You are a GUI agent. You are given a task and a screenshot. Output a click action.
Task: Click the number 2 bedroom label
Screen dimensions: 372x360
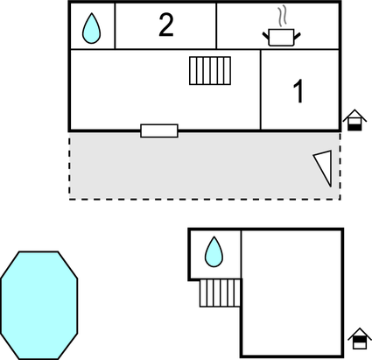click(x=166, y=25)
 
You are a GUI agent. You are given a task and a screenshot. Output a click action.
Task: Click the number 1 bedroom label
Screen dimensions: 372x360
click(x=298, y=91)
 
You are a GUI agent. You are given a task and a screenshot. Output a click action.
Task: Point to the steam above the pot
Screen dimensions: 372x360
click(x=282, y=17)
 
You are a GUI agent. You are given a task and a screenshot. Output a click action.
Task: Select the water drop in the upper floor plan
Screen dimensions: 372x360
click(x=92, y=28)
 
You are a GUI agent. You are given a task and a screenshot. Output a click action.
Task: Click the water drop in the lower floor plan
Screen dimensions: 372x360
click(x=214, y=252)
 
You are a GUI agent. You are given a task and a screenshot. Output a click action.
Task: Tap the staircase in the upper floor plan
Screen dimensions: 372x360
click(x=210, y=71)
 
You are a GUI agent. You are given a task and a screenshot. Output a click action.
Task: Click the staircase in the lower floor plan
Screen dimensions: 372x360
click(x=221, y=293)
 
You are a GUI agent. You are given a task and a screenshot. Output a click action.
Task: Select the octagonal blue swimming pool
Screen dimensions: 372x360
click(x=39, y=305)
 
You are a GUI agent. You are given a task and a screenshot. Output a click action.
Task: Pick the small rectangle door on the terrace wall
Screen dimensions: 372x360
click(x=159, y=131)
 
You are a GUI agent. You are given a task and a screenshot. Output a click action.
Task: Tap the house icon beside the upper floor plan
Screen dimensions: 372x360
click(x=354, y=120)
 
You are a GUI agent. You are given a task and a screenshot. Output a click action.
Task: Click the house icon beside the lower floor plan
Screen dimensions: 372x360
click(x=360, y=338)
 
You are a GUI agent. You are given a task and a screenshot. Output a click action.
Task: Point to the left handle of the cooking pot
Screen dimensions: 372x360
click(x=266, y=36)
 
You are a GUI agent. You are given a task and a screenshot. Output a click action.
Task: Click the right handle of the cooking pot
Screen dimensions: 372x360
click(x=297, y=36)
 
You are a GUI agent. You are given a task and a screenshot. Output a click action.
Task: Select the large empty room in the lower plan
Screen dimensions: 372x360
click(x=291, y=293)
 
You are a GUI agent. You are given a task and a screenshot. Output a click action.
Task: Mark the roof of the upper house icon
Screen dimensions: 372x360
click(x=354, y=115)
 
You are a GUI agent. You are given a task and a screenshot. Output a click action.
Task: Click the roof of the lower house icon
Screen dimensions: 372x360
click(x=360, y=333)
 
